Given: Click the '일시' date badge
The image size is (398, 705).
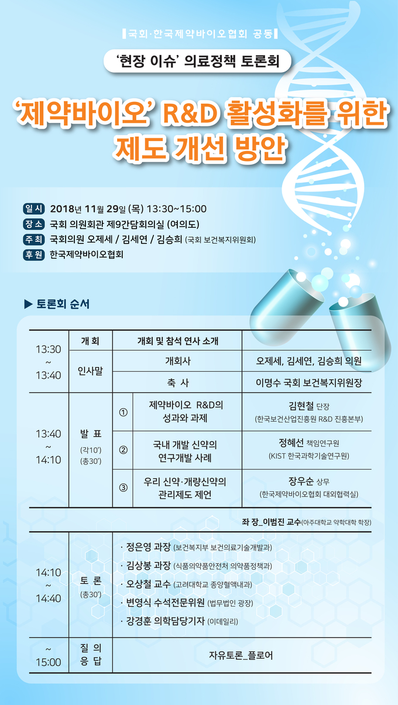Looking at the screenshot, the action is pos(34,208).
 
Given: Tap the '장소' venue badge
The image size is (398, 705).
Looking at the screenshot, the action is pos(34,224).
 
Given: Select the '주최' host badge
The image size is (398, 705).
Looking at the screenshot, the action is pos(34,239).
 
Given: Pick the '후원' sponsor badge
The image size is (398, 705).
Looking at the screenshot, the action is pos(34,254).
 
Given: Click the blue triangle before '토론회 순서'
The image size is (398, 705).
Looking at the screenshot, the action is pos(28,304).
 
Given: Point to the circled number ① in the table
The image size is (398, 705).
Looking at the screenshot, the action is pos(123,412).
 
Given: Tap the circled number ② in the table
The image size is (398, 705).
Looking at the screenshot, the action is pos(123,450).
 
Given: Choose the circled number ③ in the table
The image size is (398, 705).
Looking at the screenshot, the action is pos(123,488).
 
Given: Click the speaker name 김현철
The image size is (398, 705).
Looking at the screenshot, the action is pos(301,406).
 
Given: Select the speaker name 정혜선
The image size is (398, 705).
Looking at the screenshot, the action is pos(291,443).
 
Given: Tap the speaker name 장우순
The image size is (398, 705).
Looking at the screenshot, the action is pos(301,481).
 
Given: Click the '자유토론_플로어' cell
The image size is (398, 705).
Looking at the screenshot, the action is pos(241,656).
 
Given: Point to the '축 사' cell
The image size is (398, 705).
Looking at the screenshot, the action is pos(178,383).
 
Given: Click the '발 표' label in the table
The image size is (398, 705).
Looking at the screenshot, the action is pos(91,434).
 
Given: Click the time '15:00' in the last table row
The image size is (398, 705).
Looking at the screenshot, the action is pos(49,662).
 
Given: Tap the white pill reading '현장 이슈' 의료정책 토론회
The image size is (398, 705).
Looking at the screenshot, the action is pos(197,61).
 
